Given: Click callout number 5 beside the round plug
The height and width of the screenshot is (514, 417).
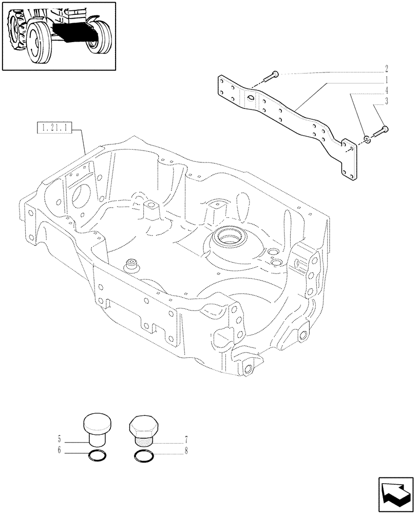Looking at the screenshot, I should click(x=60, y=439).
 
